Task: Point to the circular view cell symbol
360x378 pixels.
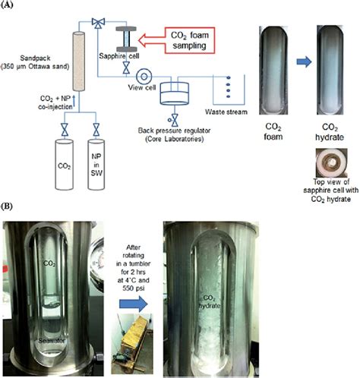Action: tap(142, 76)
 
